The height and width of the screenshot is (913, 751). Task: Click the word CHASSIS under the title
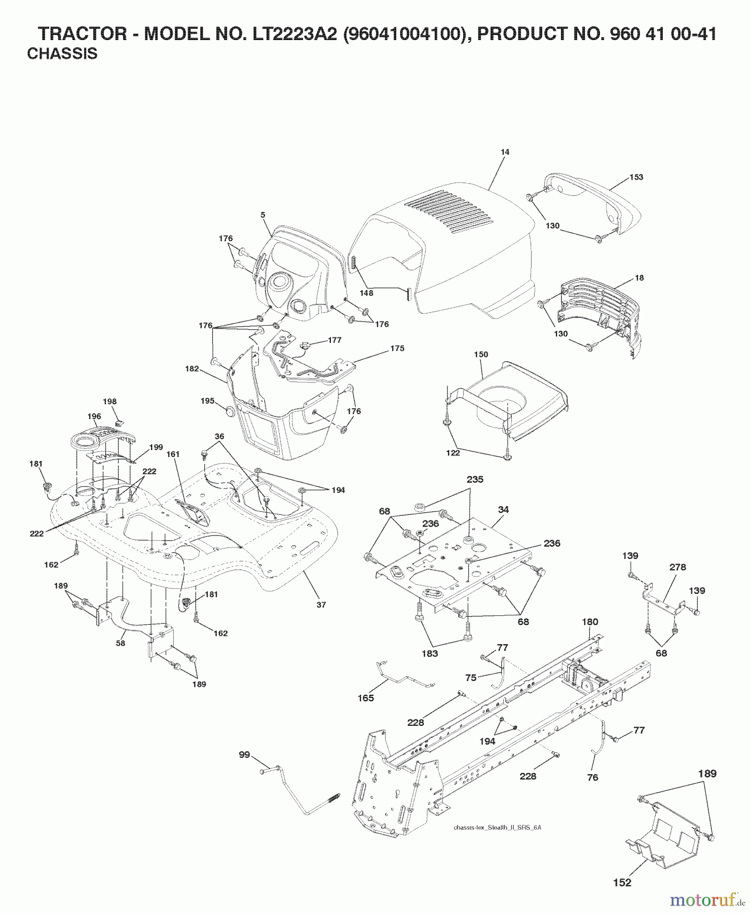[x=62, y=53]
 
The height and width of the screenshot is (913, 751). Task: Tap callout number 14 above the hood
[x=504, y=152]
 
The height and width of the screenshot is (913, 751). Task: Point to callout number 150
[x=481, y=354]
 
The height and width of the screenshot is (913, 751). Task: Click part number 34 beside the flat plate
[x=503, y=510]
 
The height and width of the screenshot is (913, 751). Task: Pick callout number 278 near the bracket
[x=678, y=567]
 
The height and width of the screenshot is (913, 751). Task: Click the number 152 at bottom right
[x=622, y=883]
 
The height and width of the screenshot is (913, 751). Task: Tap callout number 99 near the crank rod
[x=245, y=755]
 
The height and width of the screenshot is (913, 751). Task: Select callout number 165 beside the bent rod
[x=365, y=698]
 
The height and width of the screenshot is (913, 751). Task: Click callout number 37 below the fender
[x=322, y=605]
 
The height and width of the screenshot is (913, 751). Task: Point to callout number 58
[x=121, y=643]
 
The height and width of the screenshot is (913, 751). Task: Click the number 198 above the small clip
[x=109, y=401]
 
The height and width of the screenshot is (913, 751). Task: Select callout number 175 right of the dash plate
[x=397, y=348]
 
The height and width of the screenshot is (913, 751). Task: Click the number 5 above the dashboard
[x=262, y=215]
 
